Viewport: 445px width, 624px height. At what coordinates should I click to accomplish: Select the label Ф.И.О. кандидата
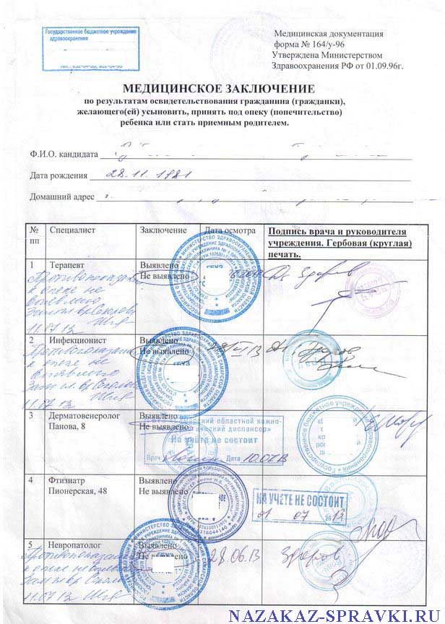pos(64,155)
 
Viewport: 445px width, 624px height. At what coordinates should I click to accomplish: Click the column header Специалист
pos(72,230)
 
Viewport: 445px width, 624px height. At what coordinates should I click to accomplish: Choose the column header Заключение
pos(163,230)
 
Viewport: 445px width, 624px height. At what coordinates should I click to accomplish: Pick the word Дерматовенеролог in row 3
pos(87,417)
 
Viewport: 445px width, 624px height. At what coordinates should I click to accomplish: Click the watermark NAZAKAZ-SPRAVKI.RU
pos(335,615)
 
